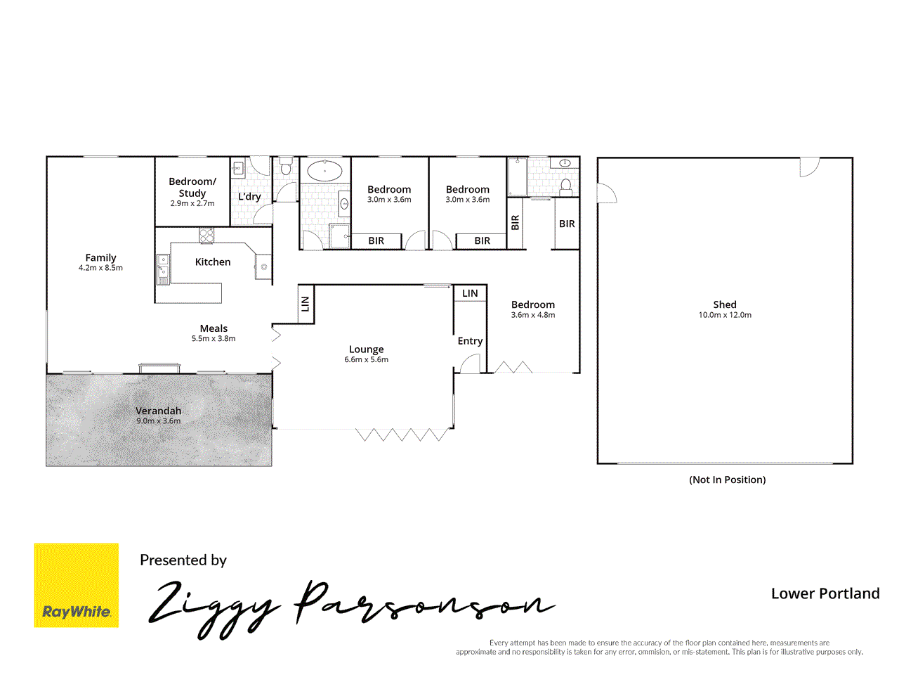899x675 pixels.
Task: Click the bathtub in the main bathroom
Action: pyautogui.click(x=324, y=171)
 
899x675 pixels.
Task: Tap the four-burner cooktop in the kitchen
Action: pyautogui.click(x=206, y=236)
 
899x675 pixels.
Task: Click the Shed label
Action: pyautogui.click(x=725, y=304)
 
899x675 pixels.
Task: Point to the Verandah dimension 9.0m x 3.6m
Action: pyautogui.click(x=159, y=421)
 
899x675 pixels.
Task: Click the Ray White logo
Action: pyautogui.click(x=77, y=585)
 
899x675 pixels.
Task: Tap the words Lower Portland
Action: pyautogui.click(x=825, y=593)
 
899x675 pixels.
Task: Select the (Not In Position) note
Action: pyautogui.click(x=727, y=480)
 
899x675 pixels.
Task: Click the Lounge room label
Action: pyautogui.click(x=366, y=349)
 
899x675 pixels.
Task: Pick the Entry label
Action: pyautogui.click(x=470, y=341)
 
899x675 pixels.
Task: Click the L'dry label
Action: pyautogui.click(x=249, y=197)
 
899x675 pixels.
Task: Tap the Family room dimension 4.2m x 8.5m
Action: pyautogui.click(x=100, y=268)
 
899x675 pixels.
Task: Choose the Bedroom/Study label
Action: pyautogui.click(x=192, y=187)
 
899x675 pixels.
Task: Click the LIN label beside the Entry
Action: pyautogui.click(x=470, y=293)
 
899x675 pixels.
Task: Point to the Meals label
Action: pyautogui.click(x=214, y=328)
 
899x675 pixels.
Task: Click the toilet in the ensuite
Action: pyautogui.click(x=566, y=186)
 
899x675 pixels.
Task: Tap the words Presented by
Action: pyautogui.click(x=183, y=560)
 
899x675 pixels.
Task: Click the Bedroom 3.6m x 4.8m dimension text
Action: pyautogui.click(x=533, y=315)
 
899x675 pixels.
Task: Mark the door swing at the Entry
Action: pyautogui.click(x=470, y=364)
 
